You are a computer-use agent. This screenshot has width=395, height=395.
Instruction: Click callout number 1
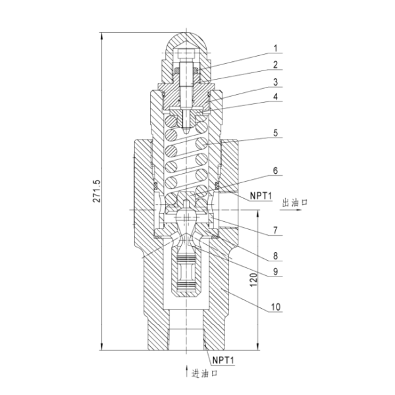pos(276,48)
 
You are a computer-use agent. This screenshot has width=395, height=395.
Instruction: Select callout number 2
pos(276,65)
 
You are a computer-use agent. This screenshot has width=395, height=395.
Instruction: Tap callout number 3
pos(276,82)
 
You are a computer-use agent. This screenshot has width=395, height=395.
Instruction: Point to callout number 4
pos(276,97)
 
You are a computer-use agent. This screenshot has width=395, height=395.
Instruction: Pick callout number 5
pos(276,133)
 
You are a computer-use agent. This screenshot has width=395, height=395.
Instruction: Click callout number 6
pos(276,171)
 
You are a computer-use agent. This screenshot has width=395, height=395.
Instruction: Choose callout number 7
pos(276,230)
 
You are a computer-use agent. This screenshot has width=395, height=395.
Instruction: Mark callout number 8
pos(276,256)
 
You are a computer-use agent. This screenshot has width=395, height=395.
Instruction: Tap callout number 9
pos(276,271)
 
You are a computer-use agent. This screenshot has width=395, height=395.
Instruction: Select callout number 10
pos(276,307)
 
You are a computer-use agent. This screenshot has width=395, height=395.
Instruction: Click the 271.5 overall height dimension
pos(97,191)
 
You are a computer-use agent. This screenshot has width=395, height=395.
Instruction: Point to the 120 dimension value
pos(253,280)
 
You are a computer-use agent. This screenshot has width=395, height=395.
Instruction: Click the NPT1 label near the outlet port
pos(261,196)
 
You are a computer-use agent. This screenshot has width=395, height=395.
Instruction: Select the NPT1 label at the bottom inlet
pos(223,360)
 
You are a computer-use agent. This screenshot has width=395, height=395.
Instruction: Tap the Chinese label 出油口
pos(295,203)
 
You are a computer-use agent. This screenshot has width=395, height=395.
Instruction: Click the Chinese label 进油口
pos(204,373)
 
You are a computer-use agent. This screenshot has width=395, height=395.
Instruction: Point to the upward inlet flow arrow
pos(187,371)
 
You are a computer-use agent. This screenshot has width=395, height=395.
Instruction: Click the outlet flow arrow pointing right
pos(291,209)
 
